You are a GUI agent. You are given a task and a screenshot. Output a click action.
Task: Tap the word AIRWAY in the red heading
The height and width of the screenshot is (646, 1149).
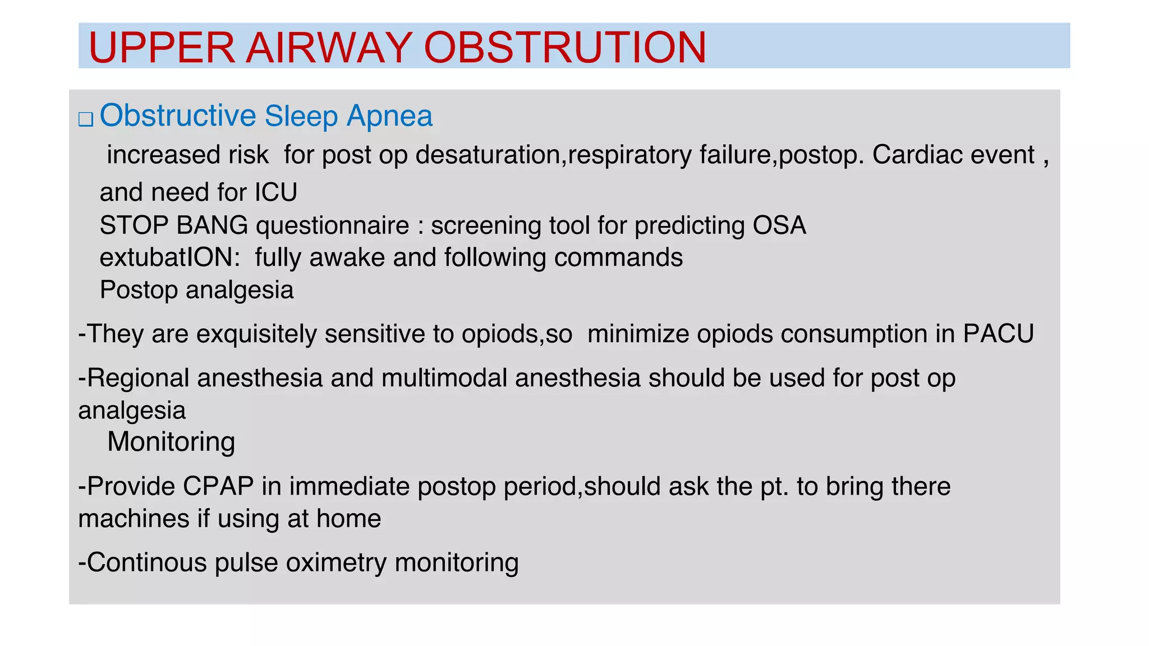pyautogui.click(x=329, y=47)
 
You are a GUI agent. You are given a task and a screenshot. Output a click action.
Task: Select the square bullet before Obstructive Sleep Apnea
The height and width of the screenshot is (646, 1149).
pyautogui.click(x=86, y=119)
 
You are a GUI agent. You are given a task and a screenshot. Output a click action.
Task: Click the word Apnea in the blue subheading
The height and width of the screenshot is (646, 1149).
pyautogui.click(x=389, y=116)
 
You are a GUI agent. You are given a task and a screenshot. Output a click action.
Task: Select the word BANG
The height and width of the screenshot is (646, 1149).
pyautogui.click(x=212, y=225)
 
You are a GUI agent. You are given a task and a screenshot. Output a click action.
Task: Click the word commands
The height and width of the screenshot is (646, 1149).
pyautogui.click(x=618, y=258)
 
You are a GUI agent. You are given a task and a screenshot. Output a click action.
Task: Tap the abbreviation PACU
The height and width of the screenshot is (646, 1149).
pyautogui.click(x=998, y=334)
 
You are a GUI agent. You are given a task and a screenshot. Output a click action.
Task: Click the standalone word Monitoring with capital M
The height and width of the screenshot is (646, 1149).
pyautogui.click(x=171, y=442)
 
